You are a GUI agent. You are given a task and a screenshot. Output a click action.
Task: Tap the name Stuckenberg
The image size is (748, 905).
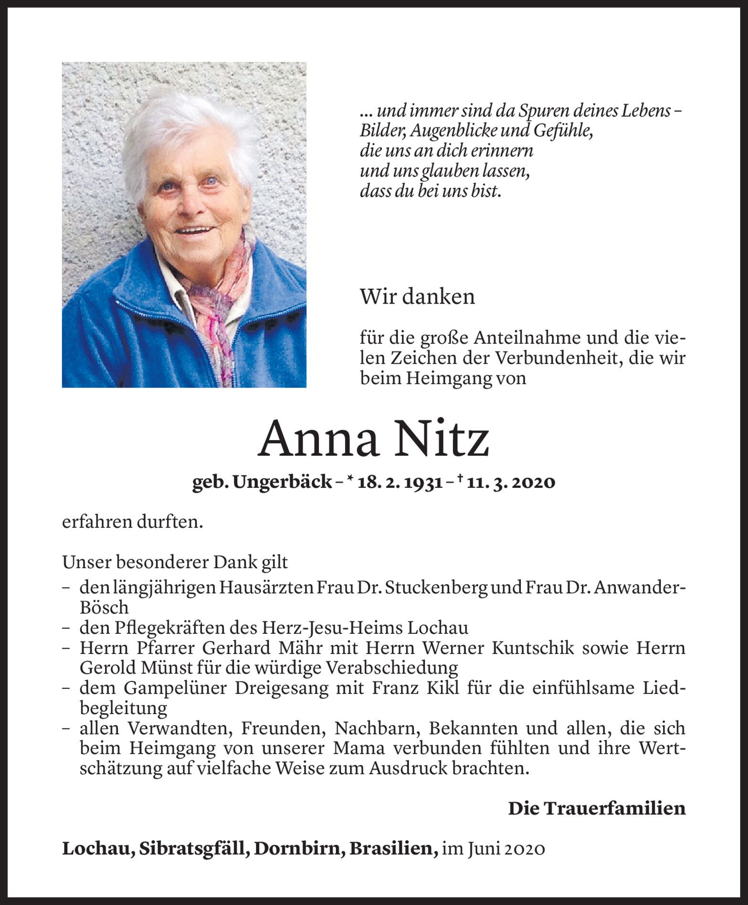(x=436, y=588)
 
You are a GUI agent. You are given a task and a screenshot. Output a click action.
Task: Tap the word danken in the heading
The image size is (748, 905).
(x=439, y=297)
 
